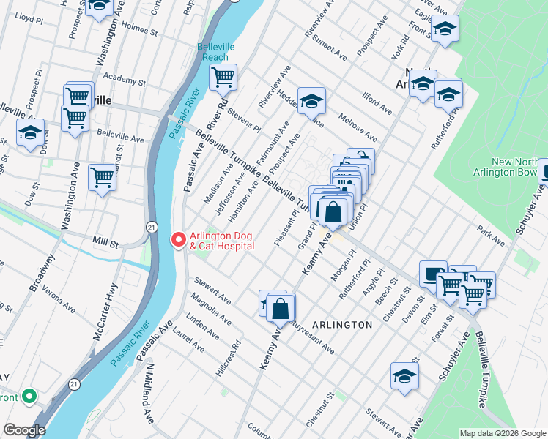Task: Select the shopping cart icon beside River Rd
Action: (223, 76)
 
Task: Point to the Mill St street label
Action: (105, 241)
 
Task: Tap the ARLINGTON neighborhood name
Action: (341, 324)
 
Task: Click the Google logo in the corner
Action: (24, 430)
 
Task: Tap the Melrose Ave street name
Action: (358, 127)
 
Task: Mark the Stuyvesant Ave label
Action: (310, 334)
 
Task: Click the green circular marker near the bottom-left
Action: (29, 397)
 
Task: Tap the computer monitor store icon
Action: (433, 274)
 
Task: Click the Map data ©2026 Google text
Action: (503, 432)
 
